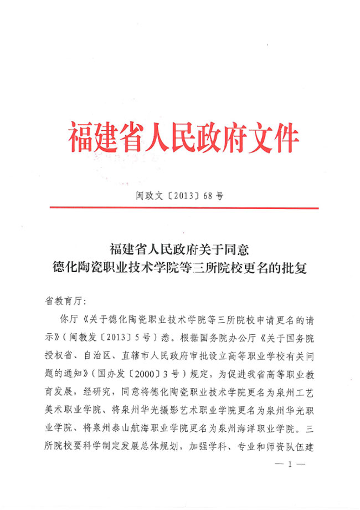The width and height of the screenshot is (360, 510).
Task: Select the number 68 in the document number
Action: tap(207, 195)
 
